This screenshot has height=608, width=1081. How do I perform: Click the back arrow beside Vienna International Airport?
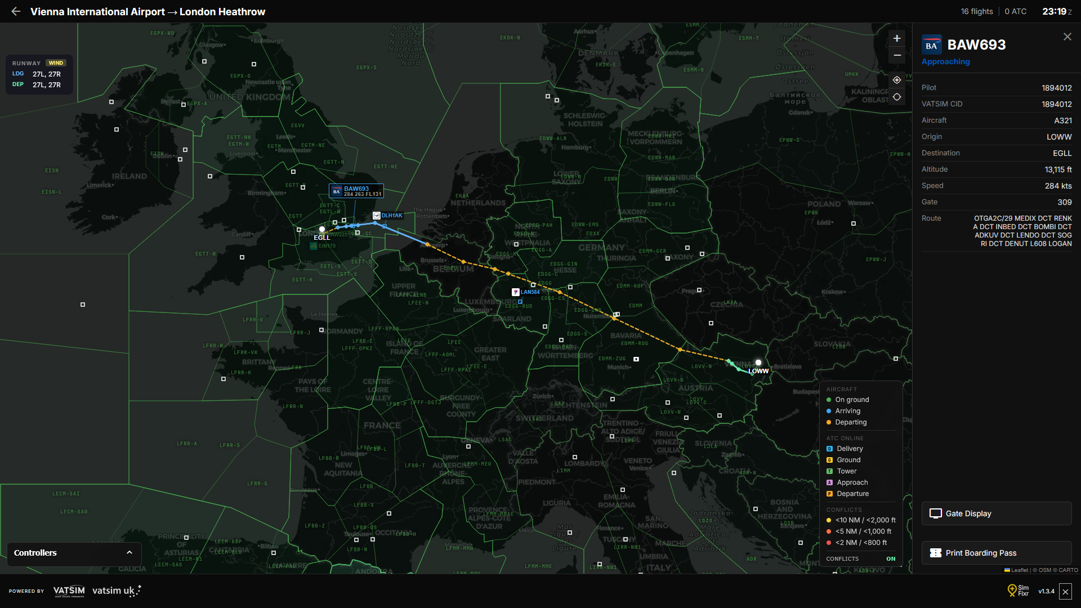tap(16, 11)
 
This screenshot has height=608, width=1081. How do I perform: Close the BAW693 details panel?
tap(1067, 37)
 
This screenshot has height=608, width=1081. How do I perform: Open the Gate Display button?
tap(996, 513)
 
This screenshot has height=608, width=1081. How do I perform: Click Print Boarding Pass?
tap(996, 553)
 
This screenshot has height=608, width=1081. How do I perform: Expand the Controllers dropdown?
tap(73, 553)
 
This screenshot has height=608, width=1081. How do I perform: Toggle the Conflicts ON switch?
tap(891, 559)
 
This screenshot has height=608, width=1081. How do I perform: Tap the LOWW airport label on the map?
tap(758, 371)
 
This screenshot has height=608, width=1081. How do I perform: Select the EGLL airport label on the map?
tap(322, 238)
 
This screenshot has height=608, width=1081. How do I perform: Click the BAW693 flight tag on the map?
tap(356, 191)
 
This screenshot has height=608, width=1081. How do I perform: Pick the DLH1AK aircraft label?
tap(391, 216)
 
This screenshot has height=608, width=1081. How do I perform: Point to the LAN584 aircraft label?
tap(529, 292)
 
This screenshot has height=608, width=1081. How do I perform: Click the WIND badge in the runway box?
tap(56, 63)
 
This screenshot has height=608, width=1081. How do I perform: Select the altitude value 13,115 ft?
tap(1058, 169)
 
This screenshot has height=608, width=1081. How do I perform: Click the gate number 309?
tap(1064, 202)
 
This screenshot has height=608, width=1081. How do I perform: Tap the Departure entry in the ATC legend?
tap(852, 494)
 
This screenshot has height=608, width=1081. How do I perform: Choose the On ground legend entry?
tap(852, 400)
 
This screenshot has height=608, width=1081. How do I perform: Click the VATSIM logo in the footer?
tap(69, 591)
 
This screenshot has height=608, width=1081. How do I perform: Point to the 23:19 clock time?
tap(1054, 11)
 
